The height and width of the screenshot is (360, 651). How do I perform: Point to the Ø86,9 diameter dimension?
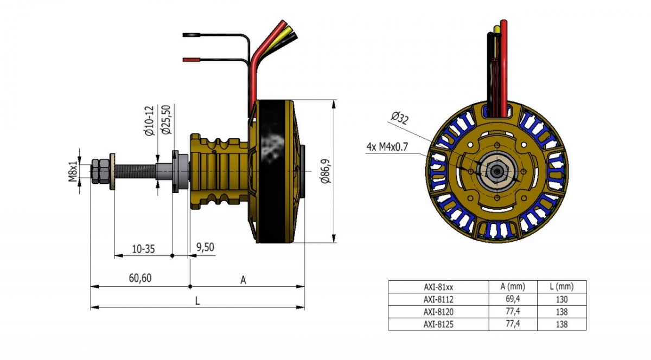[324, 171]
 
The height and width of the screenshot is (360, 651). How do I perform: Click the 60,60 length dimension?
[140, 278]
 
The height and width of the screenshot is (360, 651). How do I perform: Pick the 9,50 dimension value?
[205, 248]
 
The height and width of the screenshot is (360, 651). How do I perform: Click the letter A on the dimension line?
[244, 280]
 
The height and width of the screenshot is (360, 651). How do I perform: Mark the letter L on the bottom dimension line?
[197, 301]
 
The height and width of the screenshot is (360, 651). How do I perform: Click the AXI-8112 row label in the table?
[438, 299]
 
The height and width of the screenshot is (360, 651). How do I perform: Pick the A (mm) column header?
[513, 286]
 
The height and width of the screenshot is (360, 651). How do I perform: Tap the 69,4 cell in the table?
[513, 299]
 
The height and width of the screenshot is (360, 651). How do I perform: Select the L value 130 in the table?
[562, 299]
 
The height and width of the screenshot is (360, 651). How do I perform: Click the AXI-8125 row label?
[438, 324]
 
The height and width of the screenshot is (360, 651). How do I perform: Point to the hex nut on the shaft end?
[99, 170]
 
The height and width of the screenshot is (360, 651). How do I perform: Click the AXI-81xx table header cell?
[438, 286]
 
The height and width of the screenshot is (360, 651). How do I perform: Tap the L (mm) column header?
[562, 286]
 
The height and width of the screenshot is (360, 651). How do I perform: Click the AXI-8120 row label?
[438, 312]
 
